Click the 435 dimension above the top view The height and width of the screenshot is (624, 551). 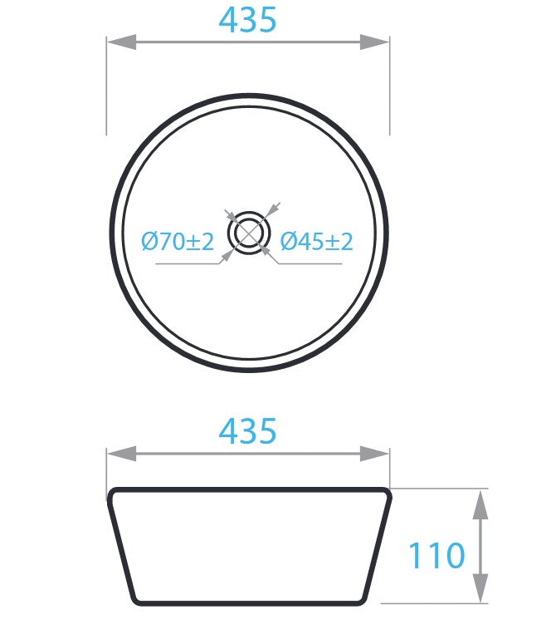(x=247, y=19)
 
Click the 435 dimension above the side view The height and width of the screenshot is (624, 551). (x=247, y=430)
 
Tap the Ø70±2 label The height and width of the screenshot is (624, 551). (x=178, y=242)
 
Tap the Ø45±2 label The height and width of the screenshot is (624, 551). (x=316, y=242)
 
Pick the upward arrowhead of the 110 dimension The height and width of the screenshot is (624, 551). (x=480, y=504)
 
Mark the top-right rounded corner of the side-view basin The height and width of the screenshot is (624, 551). (x=385, y=493)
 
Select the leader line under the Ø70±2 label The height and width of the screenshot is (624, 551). (x=187, y=264)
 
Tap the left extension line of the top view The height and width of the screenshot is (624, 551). (x=106, y=91)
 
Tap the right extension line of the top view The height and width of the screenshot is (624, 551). (x=390, y=91)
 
